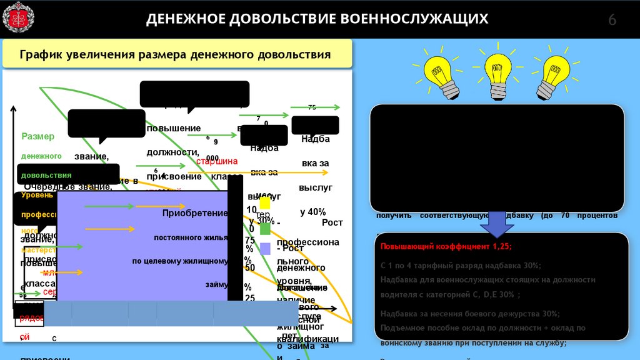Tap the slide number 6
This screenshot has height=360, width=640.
tap(612, 20)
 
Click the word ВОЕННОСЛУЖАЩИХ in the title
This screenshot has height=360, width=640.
tap(413, 19)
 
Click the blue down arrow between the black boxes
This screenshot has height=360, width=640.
tap(498, 223)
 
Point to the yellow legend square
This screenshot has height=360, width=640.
tap(265, 203)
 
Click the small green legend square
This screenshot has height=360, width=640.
tap(265, 229)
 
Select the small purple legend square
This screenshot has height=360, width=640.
tap(265, 249)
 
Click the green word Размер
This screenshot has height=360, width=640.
tap(38, 136)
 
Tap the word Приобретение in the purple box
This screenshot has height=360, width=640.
tap(195, 213)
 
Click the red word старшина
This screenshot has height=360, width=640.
tap(217, 161)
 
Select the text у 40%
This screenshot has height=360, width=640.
tap(313, 212)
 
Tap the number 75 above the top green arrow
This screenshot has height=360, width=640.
tap(312, 107)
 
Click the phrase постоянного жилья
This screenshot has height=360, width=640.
tap(188, 237)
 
